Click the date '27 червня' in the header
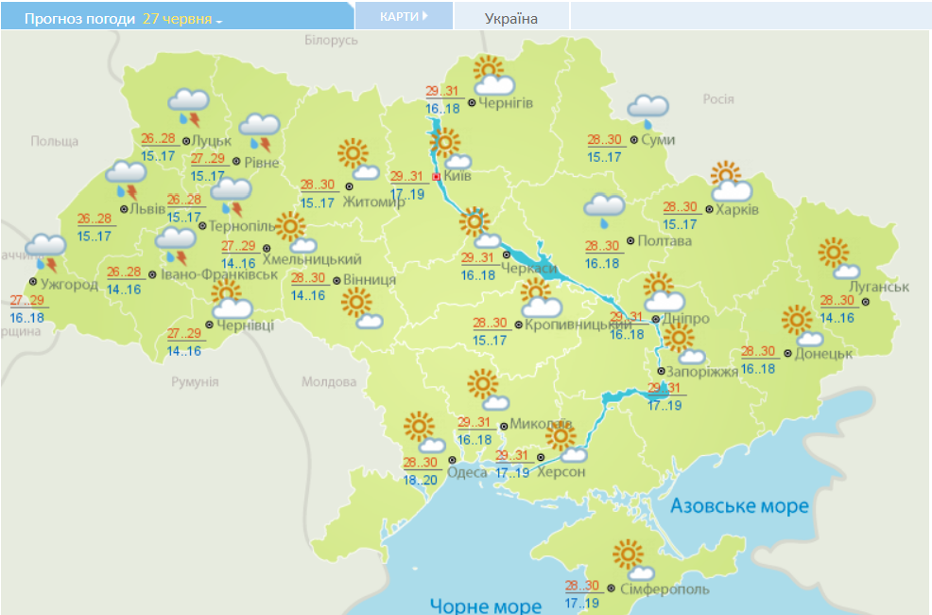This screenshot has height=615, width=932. pos(177,18)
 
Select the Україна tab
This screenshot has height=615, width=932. pos(511,18)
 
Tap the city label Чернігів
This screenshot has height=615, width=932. pos(507,102)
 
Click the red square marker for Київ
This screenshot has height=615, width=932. pos(436,176)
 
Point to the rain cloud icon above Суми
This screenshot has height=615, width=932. pos(648,110)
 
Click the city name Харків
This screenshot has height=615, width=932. pos(737,209)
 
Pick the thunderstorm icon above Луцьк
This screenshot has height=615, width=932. pos(189,106)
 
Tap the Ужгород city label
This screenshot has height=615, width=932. pos(69,284)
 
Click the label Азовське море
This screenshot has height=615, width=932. pos(740,506)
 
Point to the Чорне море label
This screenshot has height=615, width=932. pos(485,606)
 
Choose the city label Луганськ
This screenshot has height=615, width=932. pos(879,287)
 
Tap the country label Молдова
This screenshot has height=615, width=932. pos(329,382)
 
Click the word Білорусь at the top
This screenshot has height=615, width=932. pos(331,41)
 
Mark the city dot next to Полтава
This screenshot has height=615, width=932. pos(630,241)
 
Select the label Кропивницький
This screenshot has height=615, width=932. pos(578,325)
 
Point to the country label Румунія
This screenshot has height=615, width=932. pos(195,381)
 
